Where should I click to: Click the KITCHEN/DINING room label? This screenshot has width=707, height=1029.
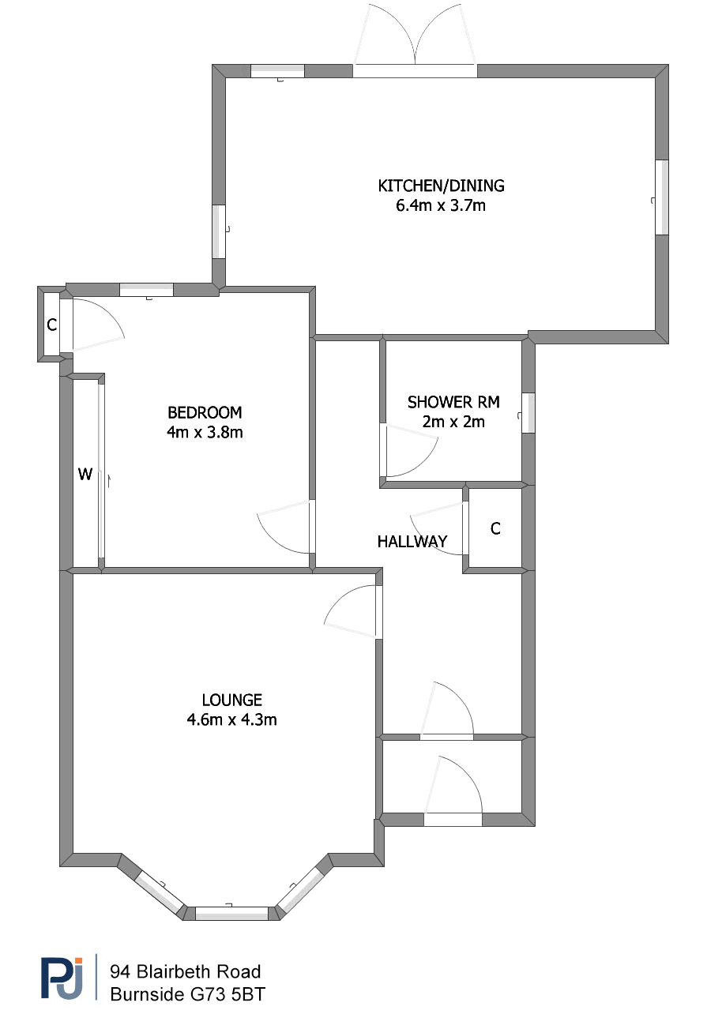[x=441, y=186]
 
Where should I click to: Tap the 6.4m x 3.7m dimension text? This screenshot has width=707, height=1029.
[x=441, y=205]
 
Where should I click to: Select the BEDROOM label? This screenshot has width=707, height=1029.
[x=205, y=412]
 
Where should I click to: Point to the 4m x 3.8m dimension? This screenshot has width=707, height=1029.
[x=205, y=432]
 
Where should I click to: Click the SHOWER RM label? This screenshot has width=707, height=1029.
[x=453, y=402]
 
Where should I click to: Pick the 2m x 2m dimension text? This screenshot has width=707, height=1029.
[x=453, y=422]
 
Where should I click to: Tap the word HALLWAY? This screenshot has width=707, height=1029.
[x=412, y=542]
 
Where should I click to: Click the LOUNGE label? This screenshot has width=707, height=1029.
[x=232, y=700]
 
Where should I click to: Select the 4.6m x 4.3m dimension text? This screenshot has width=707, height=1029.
[x=232, y=719]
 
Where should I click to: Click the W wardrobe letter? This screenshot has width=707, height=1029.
[x=85, y=474]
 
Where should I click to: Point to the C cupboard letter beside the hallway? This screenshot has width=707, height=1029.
[x=495, y=529]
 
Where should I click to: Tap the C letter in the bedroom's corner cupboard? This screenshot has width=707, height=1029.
[x=52, y=325]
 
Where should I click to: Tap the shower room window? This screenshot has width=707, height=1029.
[x=528, y=412]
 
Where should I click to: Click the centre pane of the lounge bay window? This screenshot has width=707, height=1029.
[x=231, y=913]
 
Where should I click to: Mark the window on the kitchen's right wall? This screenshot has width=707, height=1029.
[x=662, y=197]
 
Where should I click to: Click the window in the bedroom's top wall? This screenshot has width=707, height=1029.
[x=147, y=290]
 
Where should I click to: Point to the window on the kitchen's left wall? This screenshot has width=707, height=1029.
[x=219, y=231]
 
